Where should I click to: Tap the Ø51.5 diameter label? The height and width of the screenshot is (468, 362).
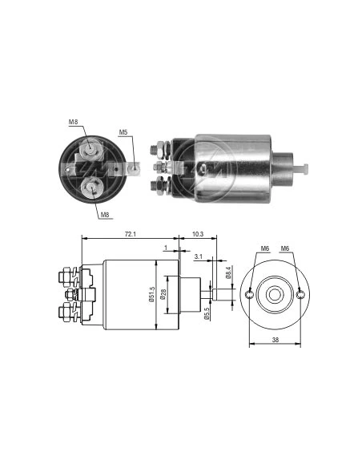click(x=152, y=295)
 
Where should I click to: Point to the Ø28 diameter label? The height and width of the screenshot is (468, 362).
click(x=163, y=295)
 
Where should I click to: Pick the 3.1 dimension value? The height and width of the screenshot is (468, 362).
click(x=199, y=256)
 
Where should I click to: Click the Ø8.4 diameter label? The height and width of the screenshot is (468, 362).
click(x=229, y=272)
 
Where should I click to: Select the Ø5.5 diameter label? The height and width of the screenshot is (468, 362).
click(x=207, y=313)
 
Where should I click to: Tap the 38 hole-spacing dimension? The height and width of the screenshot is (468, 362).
click(x=276, y=340)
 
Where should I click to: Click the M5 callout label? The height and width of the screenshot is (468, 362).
click(x=123, y=132)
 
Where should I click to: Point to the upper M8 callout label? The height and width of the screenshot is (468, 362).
click(x=73, y=122)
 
